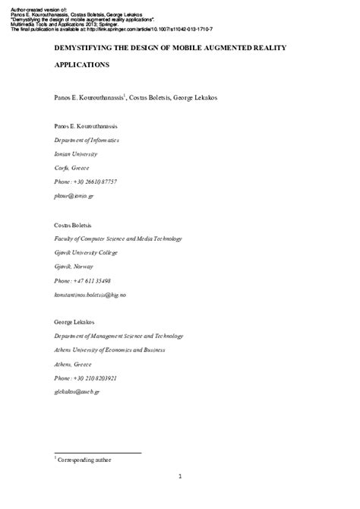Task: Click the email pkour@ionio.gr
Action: pos(74,195)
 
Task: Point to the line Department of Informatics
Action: pos(86,141)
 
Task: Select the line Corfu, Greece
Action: pos(71,168)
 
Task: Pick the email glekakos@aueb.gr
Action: pos(77,391)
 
